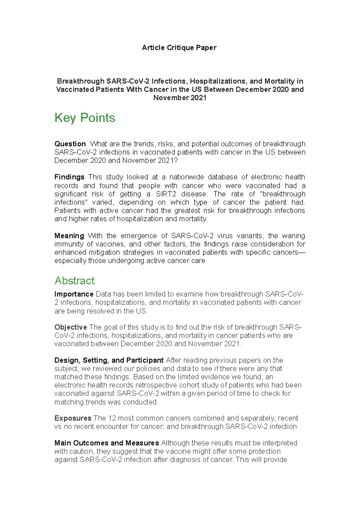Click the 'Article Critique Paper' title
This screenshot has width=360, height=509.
pyautogui.click(x=179, y=48)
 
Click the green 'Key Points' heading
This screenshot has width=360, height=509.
pyautogui.click(x=85, y=118)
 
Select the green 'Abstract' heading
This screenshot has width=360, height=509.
pyautogui.click(x=74, y=281)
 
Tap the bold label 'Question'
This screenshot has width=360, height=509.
pyautogui.click(x=70, y=144)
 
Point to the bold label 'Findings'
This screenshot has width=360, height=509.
pyautogui.click(x=69, y=177)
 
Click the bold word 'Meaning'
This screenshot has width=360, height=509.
pyautogui.click(x=69, y=236)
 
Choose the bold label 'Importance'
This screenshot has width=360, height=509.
pyautogui.click(x=74, y=294)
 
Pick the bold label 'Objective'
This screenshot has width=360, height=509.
pyautogui.click(x=70, y=327)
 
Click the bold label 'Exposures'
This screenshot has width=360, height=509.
pyautogui.click(x=73, y=418)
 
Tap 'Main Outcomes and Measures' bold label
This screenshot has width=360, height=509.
pyautogui.click(x=106, y=443)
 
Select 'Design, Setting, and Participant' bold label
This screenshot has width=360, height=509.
pyautogui.click(x=109, y=360)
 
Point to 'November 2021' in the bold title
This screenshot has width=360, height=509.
pyautogui.click(x=180, y=98)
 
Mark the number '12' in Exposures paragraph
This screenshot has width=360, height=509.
pyautogui.click(x=112, y=418)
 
